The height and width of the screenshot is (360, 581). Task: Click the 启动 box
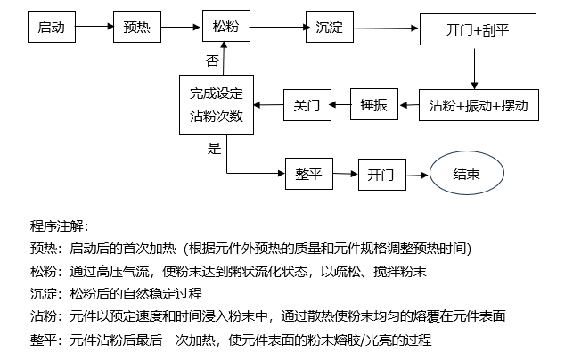(51, 29)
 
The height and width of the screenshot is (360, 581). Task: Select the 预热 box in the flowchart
(136, 29)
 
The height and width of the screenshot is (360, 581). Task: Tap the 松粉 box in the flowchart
(226, 29)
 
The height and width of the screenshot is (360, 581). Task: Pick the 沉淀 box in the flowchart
(329, 29)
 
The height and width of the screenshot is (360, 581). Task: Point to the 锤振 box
(374, 105)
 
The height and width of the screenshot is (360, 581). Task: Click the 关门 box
(307, 105)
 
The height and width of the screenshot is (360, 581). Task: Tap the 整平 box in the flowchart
(308, 173)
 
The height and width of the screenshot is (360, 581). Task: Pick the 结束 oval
(467, 173)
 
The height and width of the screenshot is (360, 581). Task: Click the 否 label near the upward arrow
(212, 61)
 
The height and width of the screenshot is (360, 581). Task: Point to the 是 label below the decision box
(214, 148)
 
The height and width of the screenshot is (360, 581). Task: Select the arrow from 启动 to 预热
(94, 29)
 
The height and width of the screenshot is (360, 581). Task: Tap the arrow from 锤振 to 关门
(340, 105)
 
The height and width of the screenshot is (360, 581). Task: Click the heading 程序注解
(60, 225)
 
